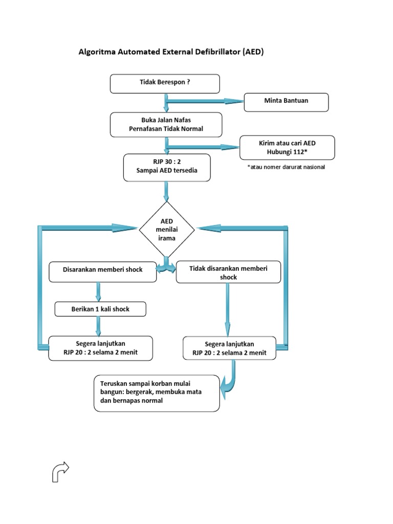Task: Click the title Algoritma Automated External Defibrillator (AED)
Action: point(170,52)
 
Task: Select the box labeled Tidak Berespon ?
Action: point(165,83)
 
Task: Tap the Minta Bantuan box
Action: point(286,102)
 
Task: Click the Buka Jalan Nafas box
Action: point(166,125)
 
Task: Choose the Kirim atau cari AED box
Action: point(287,148)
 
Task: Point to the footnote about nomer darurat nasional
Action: point(286,167)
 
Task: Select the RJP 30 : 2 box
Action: point(167,167)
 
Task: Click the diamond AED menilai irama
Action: point(167,229)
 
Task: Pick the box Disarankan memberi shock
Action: point(102,271)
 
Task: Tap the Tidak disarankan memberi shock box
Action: point(228,273)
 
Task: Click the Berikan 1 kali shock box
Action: point(100,310)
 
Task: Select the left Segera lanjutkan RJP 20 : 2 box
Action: point(100,348)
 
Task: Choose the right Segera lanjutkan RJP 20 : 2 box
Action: point(229,348)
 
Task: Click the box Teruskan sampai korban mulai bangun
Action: point(157,393)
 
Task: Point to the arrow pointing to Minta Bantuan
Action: point(205,101)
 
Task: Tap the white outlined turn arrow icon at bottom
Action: point(60,471)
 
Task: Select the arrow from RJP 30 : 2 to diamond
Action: point(166,191)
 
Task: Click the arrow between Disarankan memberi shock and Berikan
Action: point(98,292)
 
